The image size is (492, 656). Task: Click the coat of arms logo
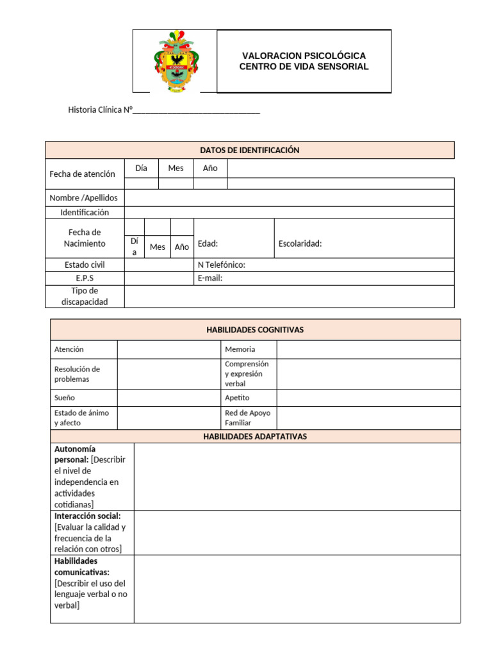click(176, 61)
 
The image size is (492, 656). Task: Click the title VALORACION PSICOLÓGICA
click(304, 56)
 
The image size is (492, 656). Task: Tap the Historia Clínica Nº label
click(99, 110)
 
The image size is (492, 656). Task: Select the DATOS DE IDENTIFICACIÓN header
click(250, 150)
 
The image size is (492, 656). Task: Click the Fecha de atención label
click(82, 174)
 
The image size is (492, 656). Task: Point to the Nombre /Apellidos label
click(83, 198)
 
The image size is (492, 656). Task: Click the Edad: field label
click(208, 243)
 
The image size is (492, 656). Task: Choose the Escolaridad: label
click(300, 243)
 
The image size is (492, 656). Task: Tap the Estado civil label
click(85, 265)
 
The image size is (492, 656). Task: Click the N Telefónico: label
click(222, 265)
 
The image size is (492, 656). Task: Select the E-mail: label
click(210, 278)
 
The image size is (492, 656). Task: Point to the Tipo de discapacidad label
click(85, 296)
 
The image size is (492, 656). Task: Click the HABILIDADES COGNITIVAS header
click(255, 330)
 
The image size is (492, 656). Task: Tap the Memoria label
click(240, 349)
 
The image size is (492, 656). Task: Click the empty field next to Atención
click(168, 349)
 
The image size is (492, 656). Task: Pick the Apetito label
click(237, 398)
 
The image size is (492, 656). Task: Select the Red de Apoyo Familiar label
click(247, 418)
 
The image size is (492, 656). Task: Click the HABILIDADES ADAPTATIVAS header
click(255, 436)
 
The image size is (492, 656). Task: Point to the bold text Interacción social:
click(87, 516)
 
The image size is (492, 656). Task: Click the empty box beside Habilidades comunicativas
click(297, 588)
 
